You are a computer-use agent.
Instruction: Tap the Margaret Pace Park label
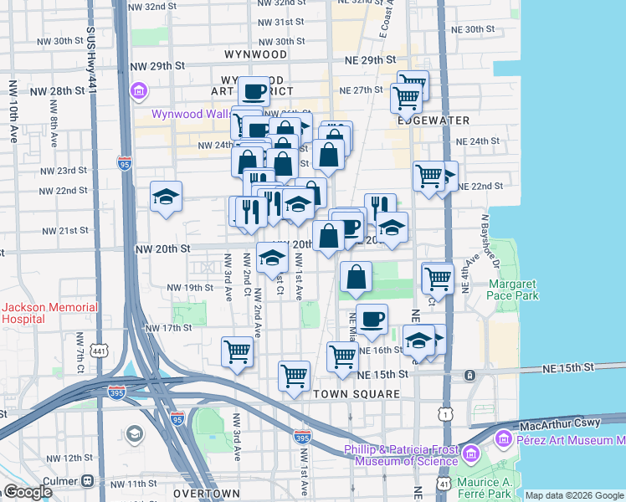tap(513, 289)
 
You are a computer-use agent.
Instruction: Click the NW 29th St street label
tap(156, 65)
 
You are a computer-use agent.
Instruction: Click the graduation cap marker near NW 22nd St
tap(166, 197)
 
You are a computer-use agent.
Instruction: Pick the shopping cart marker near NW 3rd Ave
tap(238, 351)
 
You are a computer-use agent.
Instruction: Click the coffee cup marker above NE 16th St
tap(372, 318)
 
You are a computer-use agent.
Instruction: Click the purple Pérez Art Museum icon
tap(503, 438)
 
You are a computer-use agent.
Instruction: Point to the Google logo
tap(27, 492)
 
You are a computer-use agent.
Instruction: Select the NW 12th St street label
tap(66, 458)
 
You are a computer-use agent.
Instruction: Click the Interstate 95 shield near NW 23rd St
tap(125, 164)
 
